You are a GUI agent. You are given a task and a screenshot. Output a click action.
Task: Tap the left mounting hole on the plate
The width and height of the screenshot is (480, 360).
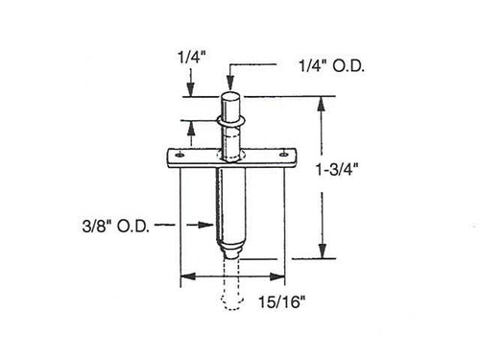click(x=179, y=154)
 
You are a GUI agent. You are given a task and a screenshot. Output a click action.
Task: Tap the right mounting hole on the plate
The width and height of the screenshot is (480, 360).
click(x=283, y=154)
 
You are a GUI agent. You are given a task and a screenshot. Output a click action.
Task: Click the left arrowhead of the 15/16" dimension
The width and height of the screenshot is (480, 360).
click(x=184, y=277)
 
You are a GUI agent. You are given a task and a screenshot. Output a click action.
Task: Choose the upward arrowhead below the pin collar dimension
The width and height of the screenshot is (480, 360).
click(x=190, y=125)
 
